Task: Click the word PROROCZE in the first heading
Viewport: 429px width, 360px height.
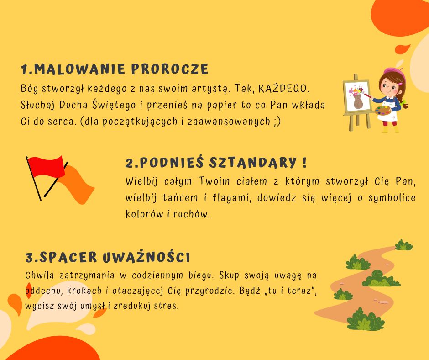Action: pyautogui.click(x=170, y=69)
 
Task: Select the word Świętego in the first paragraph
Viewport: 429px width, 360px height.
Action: pyautogui.click(x=114, y=105)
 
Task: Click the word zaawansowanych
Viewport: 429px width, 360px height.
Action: pyautogui.click(x=229, y=122)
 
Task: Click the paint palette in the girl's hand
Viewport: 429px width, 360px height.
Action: pyautogui.click(x=383, y=111)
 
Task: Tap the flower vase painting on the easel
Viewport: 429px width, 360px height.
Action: pyautogui.click(x=357, y=96)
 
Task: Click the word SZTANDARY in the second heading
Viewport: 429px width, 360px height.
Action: pyautogui.click(x=253, y=163)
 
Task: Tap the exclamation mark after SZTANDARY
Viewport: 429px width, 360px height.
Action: pyautogui.click(x=304, y=163)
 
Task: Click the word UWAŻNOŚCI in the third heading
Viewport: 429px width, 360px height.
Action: pyautogui.click(x=146, y=257)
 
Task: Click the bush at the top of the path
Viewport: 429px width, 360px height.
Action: pyautogui.click(x=403, y=245)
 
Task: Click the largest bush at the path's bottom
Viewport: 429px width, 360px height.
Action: pyautogui.click(x=366, y=319)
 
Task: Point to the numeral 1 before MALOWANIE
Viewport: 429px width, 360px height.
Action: pyautogui.click(x=24, y=69)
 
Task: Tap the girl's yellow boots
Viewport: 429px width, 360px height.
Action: pyautogui.click(x=390, y=129)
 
